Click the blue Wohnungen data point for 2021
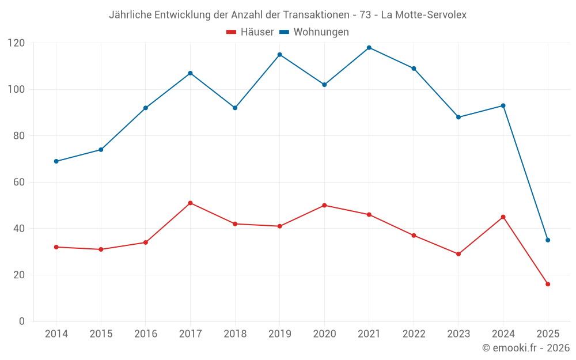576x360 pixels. coord(369,48)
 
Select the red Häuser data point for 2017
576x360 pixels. coord(190,203)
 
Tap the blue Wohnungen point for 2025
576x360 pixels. coord(548,240)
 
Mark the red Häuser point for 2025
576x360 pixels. coord(548,284)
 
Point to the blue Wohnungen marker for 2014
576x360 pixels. coord(56,161)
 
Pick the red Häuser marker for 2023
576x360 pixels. coord(458,254)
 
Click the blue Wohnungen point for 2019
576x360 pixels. coord(280,55)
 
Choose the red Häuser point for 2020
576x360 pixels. coord(324,206)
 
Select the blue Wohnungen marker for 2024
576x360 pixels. coord(503,105)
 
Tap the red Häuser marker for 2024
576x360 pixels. coord(503,217)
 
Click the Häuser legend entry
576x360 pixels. coord(250,32)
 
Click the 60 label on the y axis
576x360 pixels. coord(19,182)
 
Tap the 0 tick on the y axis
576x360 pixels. coord(22,321)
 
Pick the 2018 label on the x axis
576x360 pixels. coord(235,334)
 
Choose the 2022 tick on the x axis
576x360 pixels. coord(414,334)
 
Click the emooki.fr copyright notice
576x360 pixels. coord(525,348)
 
